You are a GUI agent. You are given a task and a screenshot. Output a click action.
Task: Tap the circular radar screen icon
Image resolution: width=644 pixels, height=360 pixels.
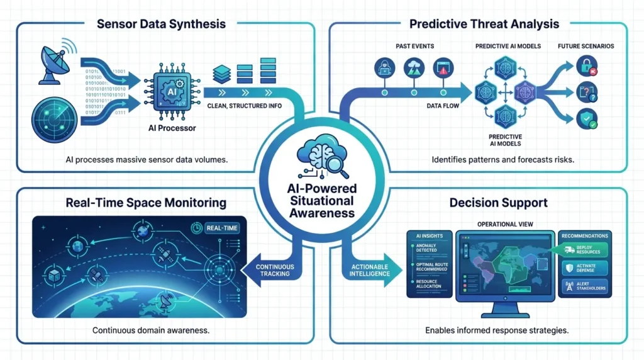57,118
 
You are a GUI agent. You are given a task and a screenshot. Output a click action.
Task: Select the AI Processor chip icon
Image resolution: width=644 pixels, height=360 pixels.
172,92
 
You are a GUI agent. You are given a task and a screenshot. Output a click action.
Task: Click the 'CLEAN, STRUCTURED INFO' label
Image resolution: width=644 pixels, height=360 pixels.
243,106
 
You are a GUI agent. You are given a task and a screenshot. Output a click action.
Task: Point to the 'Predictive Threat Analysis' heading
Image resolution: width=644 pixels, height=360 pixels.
484,25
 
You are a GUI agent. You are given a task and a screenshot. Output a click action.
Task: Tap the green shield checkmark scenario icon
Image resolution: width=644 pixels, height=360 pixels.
586,120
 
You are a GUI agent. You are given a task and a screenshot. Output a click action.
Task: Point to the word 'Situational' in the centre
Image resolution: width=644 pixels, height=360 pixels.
322,201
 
